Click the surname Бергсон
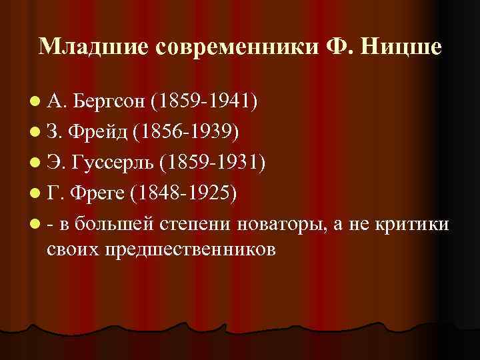[111, 103]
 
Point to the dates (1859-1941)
[207, 103]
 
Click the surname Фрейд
[99, 132]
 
